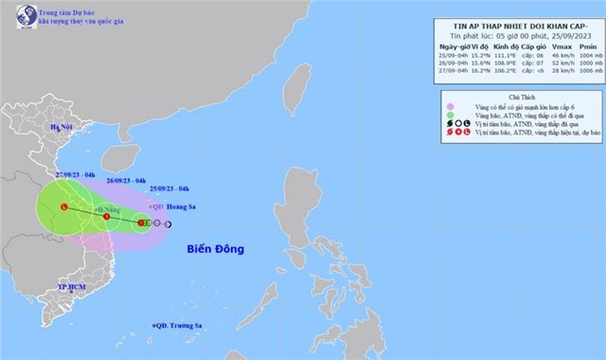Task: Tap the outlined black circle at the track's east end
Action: (x=168, y=224)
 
